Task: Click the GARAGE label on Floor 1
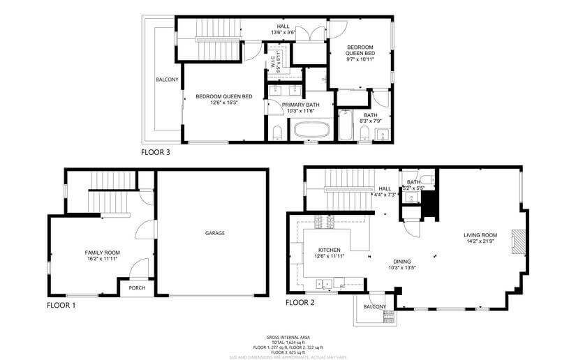coord(214,233)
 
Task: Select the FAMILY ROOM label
coord(103,253)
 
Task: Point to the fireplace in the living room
coord(517,243)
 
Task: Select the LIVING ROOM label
coord(480,235)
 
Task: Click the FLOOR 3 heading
coord(156,151)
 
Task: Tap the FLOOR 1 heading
coord(61,305)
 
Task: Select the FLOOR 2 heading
coord(300,303)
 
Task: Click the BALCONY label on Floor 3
coord(167,80)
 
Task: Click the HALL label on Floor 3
coord(283,27)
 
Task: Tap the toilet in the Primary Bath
coord(276,133)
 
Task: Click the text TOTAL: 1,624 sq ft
coord(288,342)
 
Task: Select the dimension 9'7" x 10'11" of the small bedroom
coord(361,59)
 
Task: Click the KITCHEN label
coord(329,250)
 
